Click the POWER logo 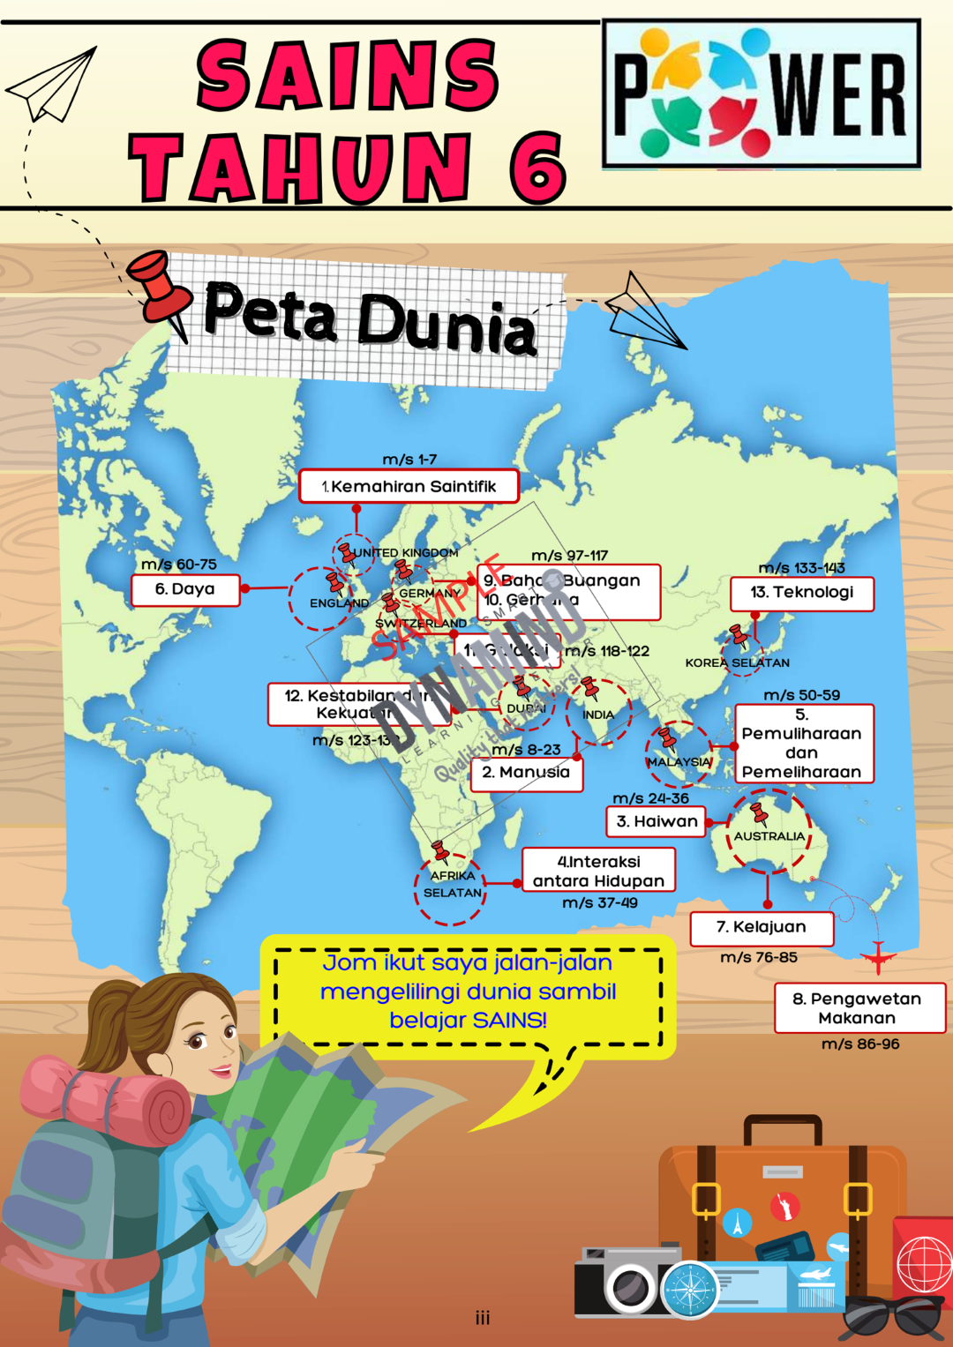pos(761,94)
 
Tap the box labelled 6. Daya pos(185,589)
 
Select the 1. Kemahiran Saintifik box pos(409,486)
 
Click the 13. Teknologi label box pos(802,593)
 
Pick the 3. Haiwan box pos(657,821)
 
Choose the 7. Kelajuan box pos(761,927)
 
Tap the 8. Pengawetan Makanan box pos(859,1008)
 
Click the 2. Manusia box pos(526,773)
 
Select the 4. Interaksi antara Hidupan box pos(598,871)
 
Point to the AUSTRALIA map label pos(769,836)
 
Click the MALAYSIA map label pos(679,762)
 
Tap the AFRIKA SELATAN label pos(452,884)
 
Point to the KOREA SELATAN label pos(737,662)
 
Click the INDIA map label pos(598,715)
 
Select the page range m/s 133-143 pos(801,568)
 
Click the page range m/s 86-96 pos(860,1044)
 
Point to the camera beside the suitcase pos(628,1282)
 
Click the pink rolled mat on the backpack pos(106,1098)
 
